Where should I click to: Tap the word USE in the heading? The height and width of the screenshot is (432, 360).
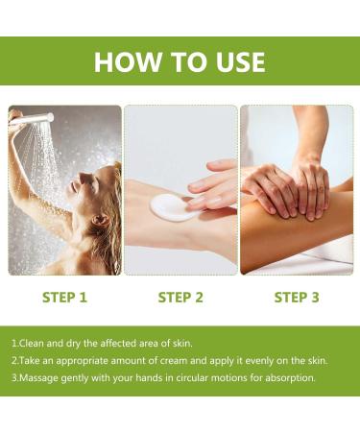[241, 61]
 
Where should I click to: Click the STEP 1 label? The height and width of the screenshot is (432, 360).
[64, 298]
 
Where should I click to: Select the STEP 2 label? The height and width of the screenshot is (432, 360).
[180, 298]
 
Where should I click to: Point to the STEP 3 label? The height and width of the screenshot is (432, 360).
[297, 298]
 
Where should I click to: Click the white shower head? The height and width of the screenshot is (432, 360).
[32, 118]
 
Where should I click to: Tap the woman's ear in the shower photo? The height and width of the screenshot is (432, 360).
[99, 220]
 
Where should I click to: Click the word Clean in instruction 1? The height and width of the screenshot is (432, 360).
[32, 344]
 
